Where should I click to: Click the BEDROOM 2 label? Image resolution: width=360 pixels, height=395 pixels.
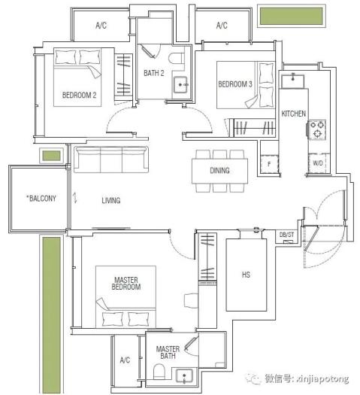tap(79, 95)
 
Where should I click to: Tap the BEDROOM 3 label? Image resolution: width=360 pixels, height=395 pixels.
tap(235, 84)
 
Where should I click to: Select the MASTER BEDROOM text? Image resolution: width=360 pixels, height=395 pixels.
tap(126, 284)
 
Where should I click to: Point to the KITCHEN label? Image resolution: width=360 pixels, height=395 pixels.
tap(294, 114)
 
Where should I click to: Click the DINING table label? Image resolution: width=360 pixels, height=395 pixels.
tap(219, 171)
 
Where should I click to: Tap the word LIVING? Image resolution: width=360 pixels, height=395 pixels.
tap(111, 201)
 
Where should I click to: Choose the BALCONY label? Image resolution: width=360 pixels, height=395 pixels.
tap(41, 199)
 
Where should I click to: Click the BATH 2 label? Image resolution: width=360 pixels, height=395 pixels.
tap(154, 73)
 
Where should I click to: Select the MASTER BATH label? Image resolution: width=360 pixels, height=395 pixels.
tap(168, 352)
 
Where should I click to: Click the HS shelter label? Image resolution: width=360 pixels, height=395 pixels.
tap(246, 275)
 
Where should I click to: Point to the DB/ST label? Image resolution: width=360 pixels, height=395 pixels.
tap(287, 235)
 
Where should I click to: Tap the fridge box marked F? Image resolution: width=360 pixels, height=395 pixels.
tap(269, 164)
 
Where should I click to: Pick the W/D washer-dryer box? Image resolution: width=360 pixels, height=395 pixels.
tap(318, 163)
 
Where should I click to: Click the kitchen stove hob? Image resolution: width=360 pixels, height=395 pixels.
tap(316, 129)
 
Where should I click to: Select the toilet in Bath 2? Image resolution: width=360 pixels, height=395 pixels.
tap(176, 59)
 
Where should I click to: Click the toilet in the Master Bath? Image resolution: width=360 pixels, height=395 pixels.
tap(159, 371)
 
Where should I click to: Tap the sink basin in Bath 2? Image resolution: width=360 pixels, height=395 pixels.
tap(180, 85)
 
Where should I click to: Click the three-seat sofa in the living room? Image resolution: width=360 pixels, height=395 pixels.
tap(111, 160)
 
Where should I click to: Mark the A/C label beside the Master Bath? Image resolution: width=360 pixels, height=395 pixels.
tap(125, 360)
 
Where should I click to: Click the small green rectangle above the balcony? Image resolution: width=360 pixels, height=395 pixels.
tap(52, 156)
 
